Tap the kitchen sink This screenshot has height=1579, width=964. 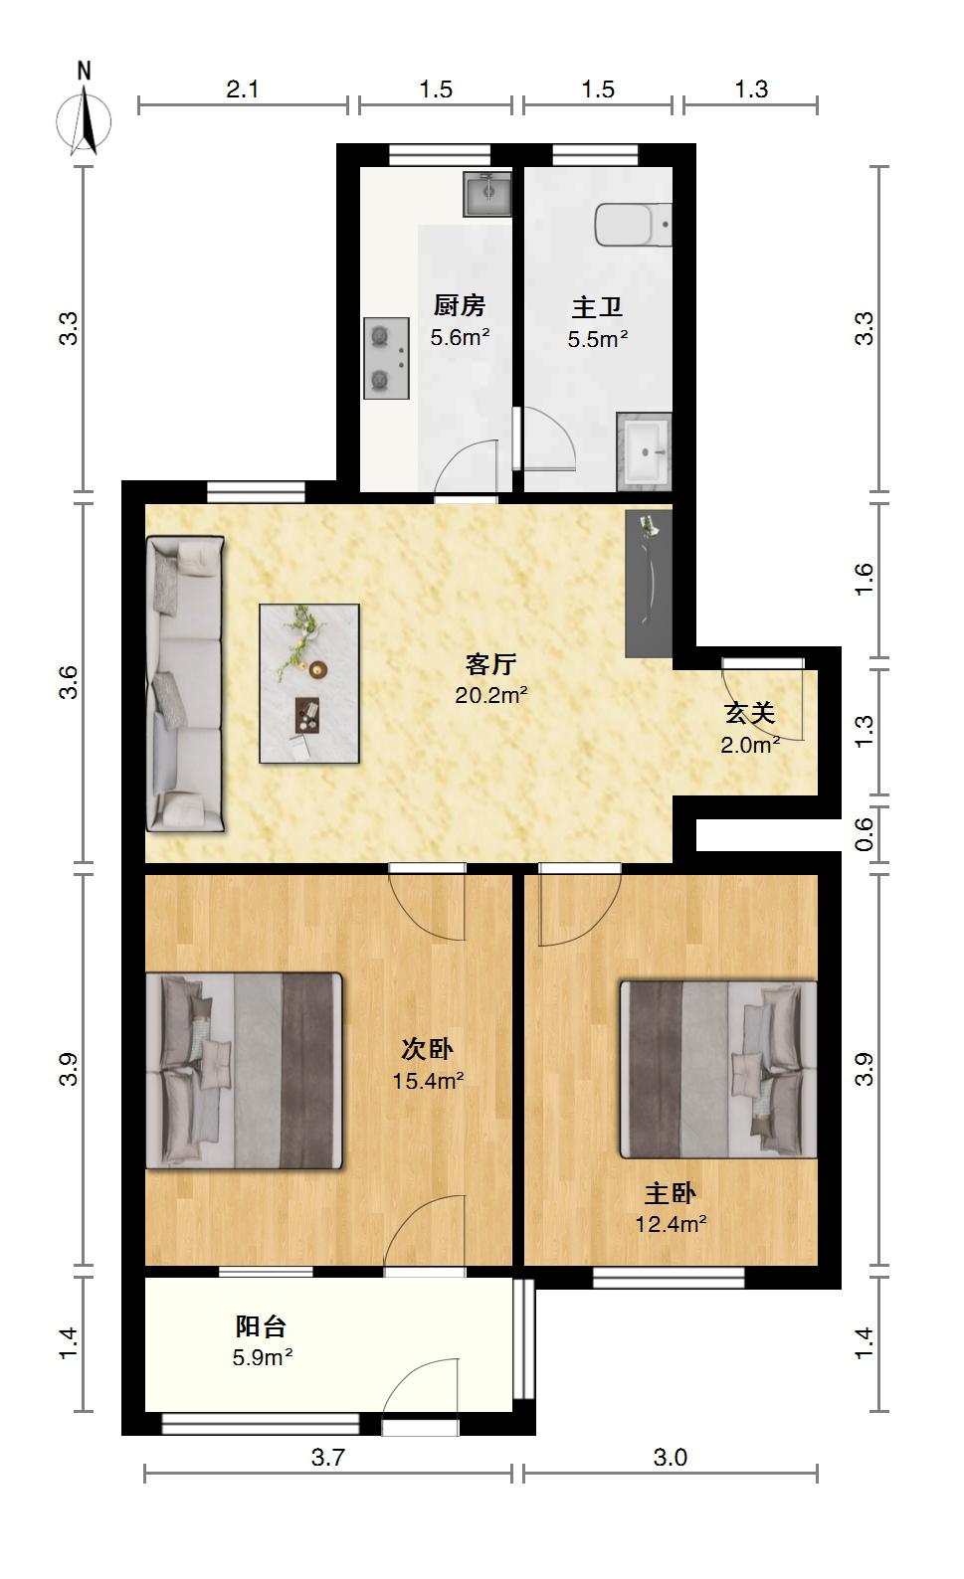487,193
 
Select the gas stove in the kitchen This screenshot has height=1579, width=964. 386,358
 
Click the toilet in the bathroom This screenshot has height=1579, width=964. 634,225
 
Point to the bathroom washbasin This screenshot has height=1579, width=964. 644,451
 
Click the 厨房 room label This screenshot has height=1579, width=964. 460,306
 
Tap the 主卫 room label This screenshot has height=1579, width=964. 597,308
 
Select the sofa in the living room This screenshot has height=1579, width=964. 185,684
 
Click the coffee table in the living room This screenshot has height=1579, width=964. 308,683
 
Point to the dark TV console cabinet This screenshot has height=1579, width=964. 649,584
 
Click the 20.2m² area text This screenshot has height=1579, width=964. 491,696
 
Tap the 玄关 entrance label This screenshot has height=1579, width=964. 750,713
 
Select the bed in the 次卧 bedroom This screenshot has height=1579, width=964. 244,1071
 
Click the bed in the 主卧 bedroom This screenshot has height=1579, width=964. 718,1069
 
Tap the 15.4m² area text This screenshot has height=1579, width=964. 428,1081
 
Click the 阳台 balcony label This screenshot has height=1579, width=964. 261,1326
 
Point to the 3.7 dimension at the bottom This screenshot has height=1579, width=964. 328,1457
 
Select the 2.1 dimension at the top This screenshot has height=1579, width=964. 242,89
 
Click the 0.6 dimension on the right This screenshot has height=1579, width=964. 864,834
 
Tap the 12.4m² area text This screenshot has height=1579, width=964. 671,1224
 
